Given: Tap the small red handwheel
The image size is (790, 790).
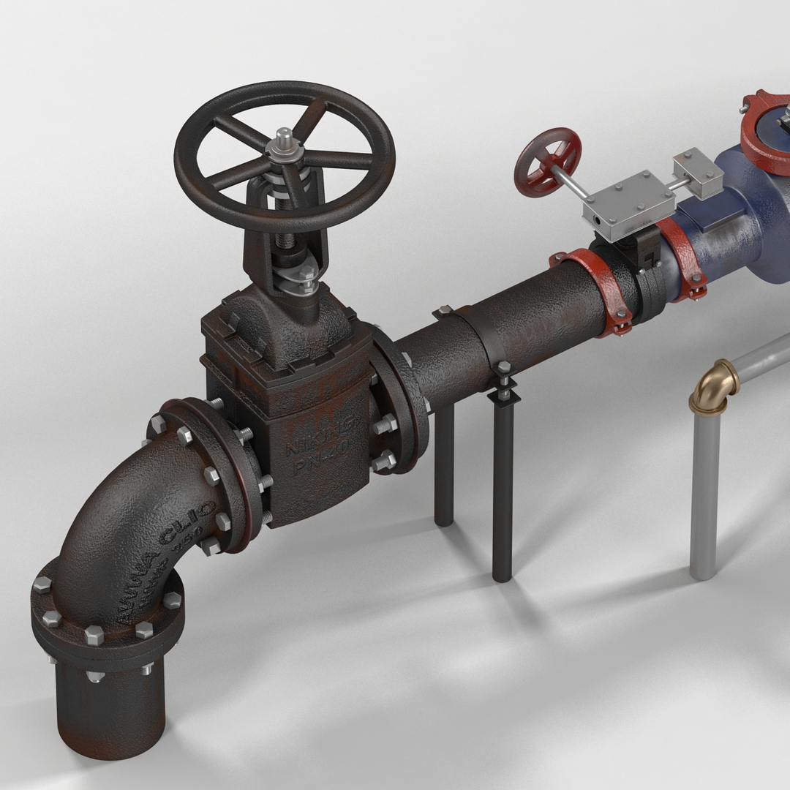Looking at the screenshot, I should tap(547, 162).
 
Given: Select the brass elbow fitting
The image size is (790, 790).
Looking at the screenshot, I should tap(713, 386).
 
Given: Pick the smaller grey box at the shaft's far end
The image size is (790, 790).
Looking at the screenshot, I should tap(698, 173).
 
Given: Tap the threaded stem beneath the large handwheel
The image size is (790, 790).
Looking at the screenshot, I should tap(283, 220).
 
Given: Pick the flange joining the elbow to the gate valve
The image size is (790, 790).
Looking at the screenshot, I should tap(212, 468).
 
